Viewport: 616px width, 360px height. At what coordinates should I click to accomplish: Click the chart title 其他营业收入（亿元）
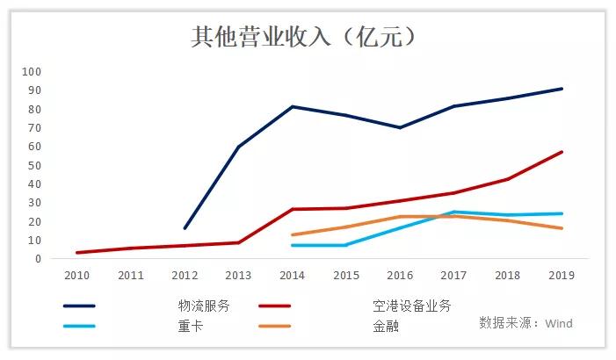(304, 37)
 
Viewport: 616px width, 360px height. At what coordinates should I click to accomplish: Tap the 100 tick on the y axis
(33, 71)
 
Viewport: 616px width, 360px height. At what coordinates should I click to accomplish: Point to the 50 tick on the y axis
(35, 165)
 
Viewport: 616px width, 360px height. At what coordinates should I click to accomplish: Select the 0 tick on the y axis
(38, 259)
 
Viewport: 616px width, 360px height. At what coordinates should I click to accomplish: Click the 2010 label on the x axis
(78, 275)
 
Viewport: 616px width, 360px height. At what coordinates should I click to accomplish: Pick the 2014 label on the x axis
(292, 275)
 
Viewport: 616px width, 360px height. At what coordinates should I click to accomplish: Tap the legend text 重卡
(190, 326)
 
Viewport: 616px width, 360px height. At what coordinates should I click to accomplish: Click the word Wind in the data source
(559, 323)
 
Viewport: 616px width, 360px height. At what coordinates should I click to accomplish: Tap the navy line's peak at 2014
(292, 106)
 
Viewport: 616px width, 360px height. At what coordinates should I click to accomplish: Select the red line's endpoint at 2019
(562, 152)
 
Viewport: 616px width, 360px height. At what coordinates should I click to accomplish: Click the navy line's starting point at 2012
(185, 228)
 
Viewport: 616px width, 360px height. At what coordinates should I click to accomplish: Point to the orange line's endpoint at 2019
(562, 228)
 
